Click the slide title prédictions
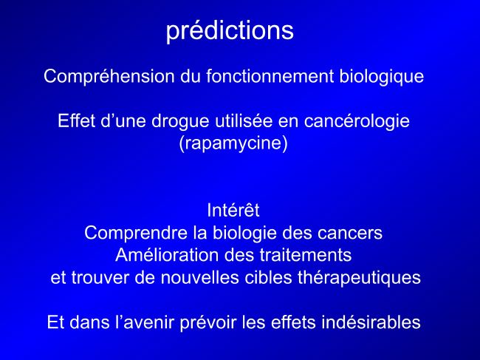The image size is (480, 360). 230,30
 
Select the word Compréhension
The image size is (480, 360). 109,77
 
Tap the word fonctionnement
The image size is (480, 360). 270,76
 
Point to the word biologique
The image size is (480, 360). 382,77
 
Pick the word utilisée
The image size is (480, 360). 244,120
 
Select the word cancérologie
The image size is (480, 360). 357,121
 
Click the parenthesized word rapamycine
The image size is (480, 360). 233,143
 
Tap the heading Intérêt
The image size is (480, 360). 233,210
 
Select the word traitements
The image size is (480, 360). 306,255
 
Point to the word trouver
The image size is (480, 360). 100,278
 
